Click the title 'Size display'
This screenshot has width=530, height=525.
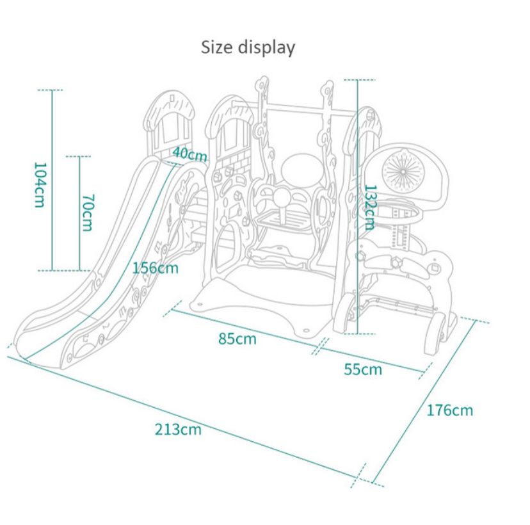click(x=248, y=47)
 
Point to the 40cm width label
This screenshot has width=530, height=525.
click(x=189, y=154)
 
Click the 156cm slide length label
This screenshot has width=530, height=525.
click(x=155, y=267)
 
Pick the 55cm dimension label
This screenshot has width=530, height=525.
click(x=362, y=369)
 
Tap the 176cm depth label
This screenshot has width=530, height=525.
click(x=450, y=410)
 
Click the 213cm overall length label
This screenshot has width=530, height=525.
click(x=177, y=429)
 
